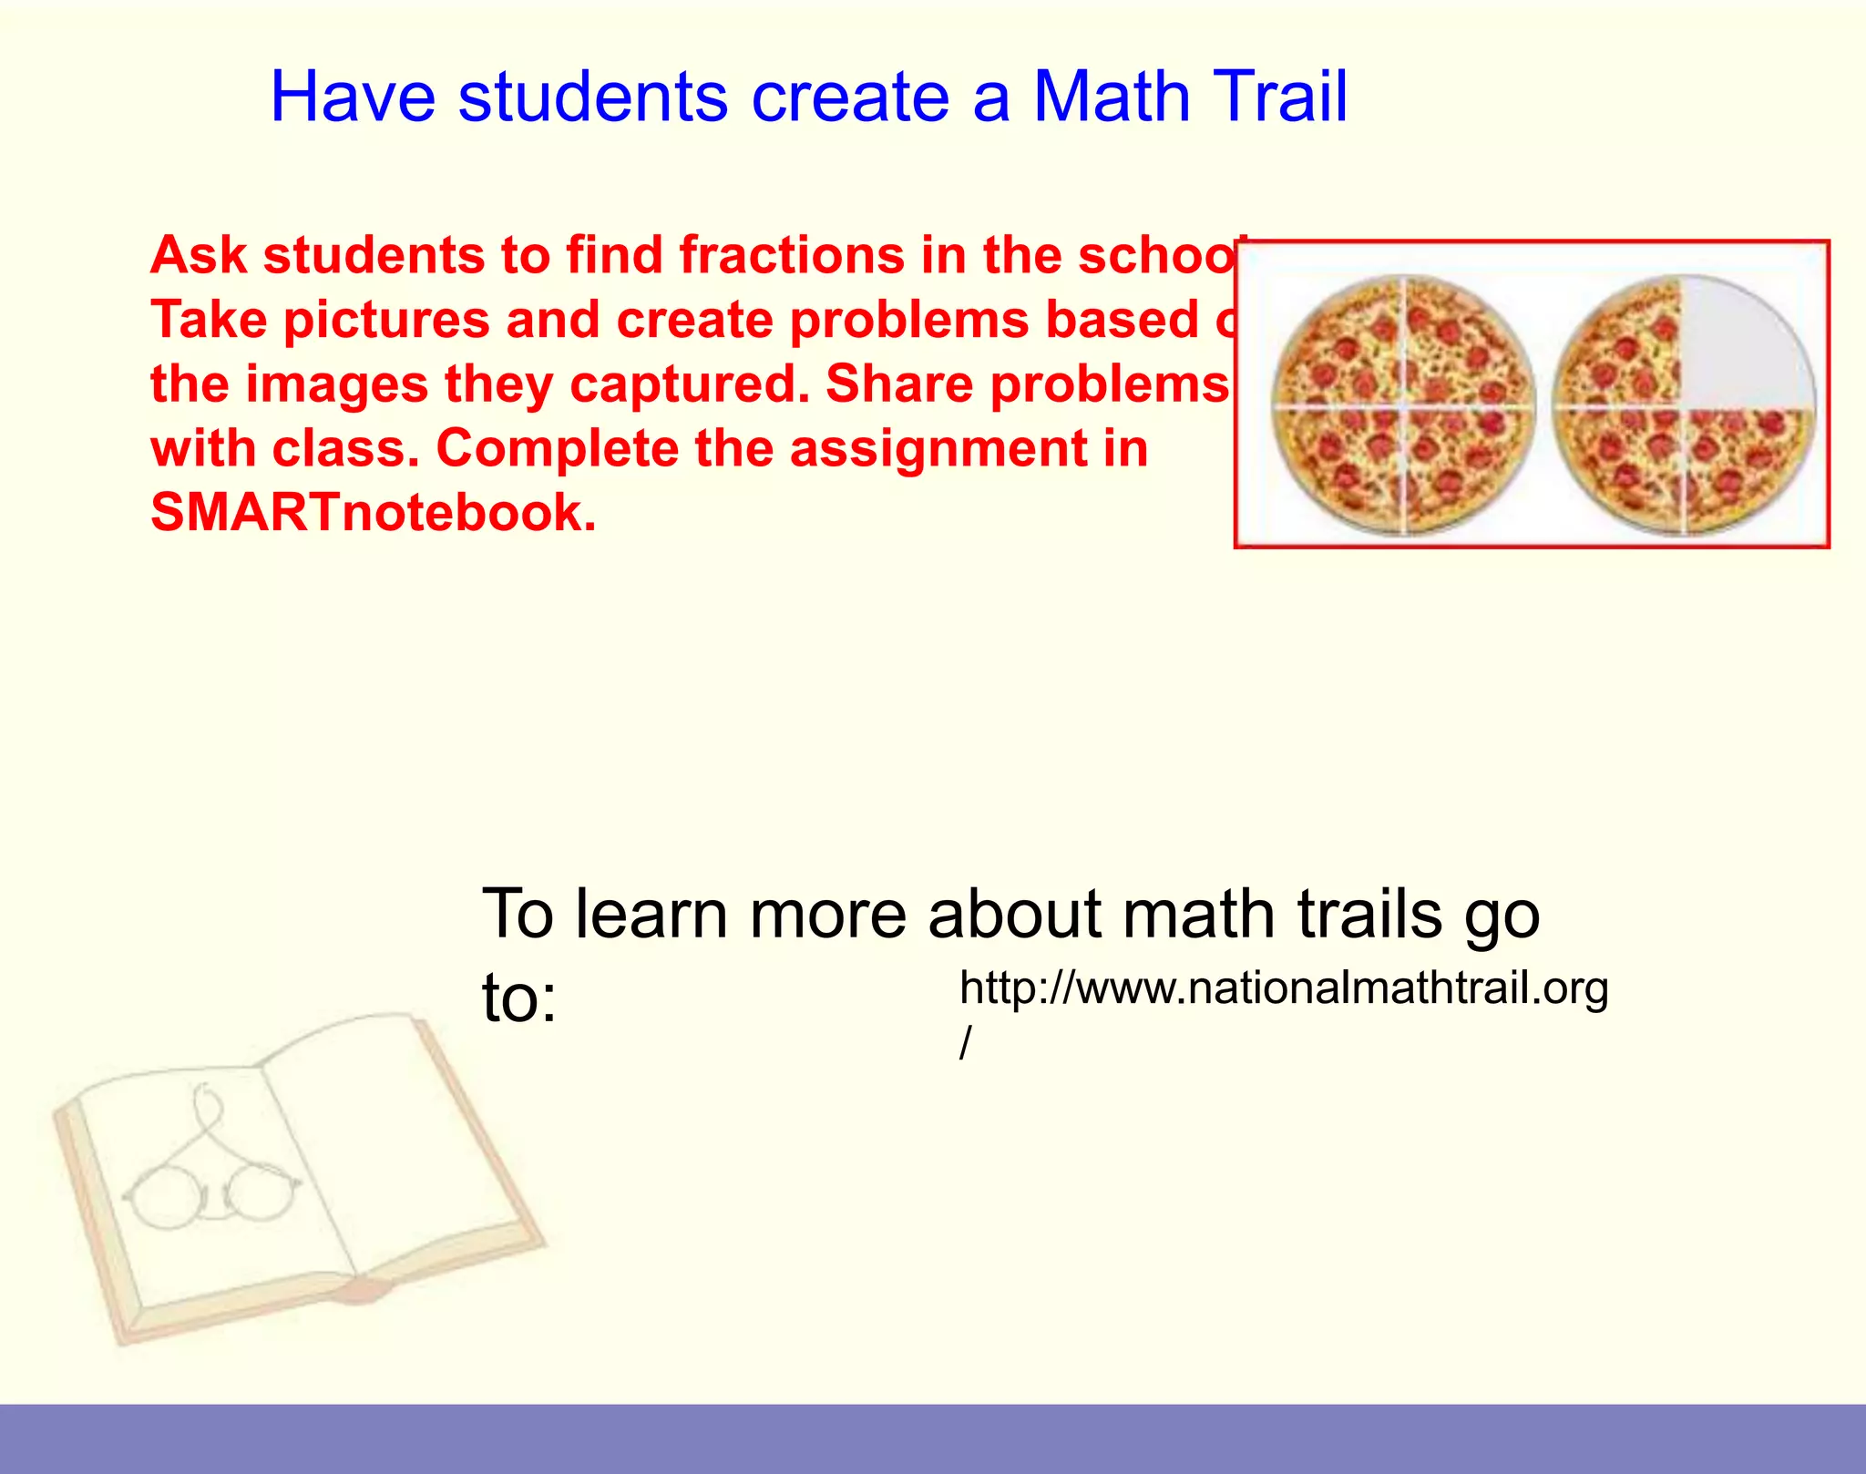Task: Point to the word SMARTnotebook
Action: point(373,513)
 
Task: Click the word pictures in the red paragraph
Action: point(386,320)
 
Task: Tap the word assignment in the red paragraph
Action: point(938,448)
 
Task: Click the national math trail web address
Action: point(1284,988)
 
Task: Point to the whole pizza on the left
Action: point(1404,405)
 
